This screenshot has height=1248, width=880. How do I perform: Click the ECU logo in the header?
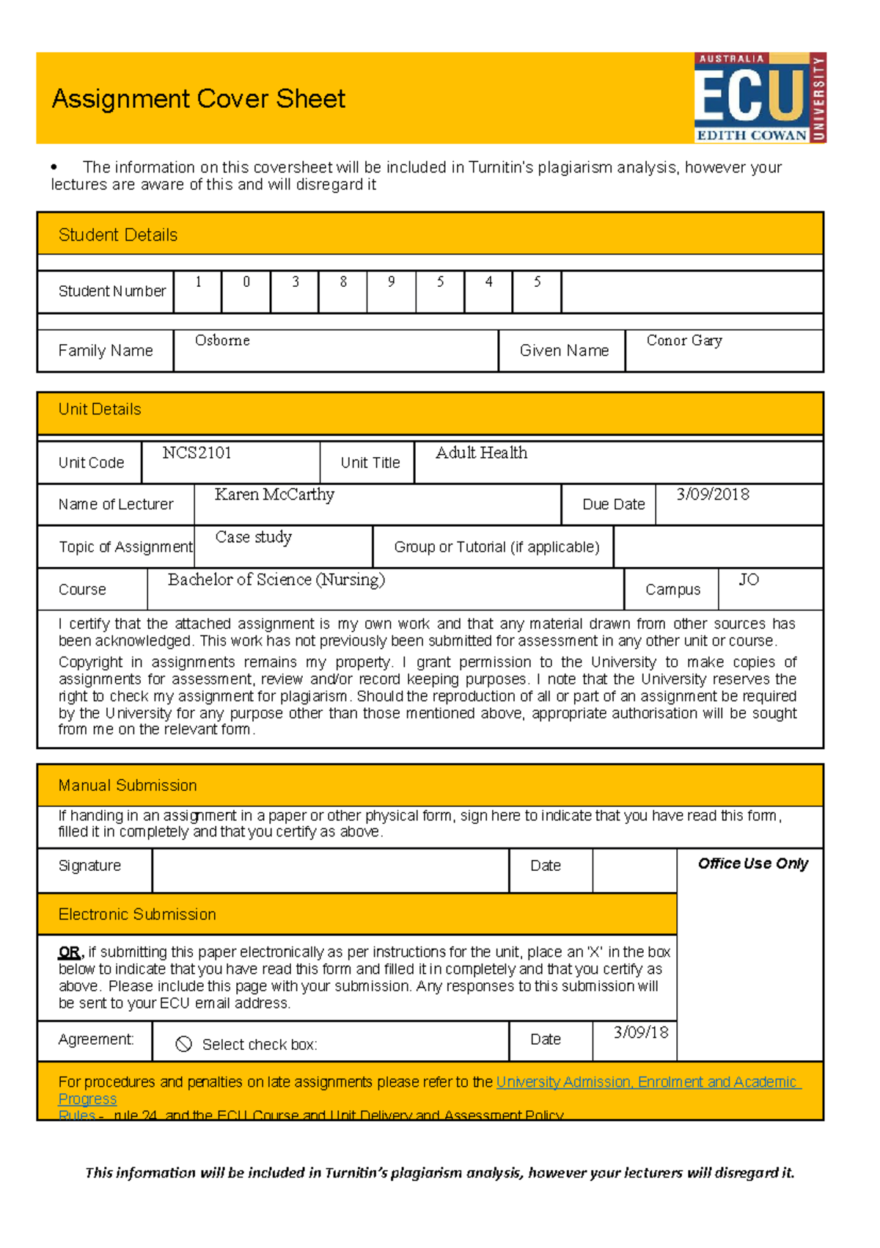click(x=760, y=97)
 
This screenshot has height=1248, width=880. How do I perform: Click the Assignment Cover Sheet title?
click(x=198, y=98)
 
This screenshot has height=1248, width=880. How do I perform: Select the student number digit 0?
click(x=246, y=282)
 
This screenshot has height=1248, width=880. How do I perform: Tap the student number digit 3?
click(x=296, y=282)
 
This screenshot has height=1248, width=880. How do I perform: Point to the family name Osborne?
click(x=222, y=340)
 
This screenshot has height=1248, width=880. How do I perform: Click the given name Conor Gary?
click(x=684, y=340)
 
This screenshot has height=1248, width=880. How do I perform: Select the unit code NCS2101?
click(x=197, y=453)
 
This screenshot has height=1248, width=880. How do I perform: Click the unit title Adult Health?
click(x=481, y=453)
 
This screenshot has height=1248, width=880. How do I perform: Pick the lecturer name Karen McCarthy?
click(x=274, y=495)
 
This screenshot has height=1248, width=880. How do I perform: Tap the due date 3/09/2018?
click(x=712, y=495)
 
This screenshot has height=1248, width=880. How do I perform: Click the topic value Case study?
click(x=253, y=537)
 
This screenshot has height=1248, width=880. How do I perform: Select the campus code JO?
click(x=748, y=580)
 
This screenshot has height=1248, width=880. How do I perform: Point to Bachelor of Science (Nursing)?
click(x=276, y=580)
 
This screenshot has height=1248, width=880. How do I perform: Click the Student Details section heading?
click(x=117, y=235)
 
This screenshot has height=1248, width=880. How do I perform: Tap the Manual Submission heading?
click(x=127, y=785)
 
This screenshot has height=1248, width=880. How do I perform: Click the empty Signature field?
click(x=330, y=870)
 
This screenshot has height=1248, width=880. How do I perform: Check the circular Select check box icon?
click(x=184, y=1044)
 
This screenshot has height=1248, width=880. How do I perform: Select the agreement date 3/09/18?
click(x=640, y=1032)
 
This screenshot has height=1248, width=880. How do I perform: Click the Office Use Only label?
click(x=752, y=864)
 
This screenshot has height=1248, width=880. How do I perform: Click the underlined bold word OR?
click(x=70, y=952)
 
